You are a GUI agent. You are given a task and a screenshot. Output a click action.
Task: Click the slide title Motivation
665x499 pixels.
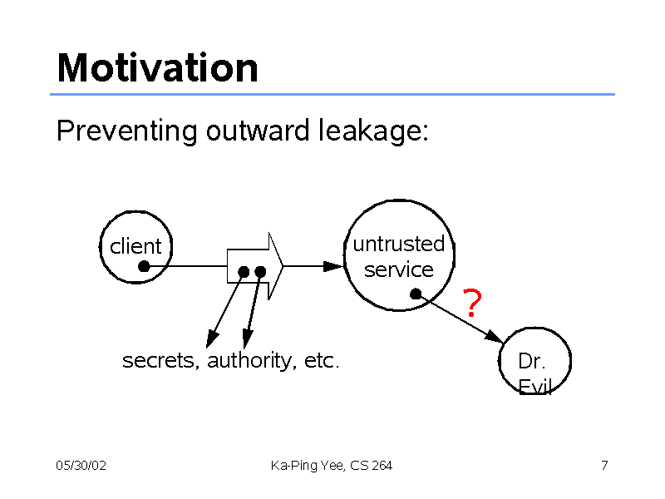[157, 68]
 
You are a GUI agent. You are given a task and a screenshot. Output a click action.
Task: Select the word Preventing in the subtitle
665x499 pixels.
[127, 131]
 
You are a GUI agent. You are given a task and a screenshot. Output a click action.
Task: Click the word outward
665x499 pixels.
[258, 131]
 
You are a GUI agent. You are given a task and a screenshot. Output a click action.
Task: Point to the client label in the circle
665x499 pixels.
[135, 246]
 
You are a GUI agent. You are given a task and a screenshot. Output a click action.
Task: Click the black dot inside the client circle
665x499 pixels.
[144, 266]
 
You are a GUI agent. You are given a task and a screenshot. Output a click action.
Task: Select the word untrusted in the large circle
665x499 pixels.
[399, 244]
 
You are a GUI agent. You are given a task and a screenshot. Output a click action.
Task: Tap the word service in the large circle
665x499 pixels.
[399, 269]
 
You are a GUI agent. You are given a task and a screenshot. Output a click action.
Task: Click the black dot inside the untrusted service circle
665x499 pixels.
[416, 294]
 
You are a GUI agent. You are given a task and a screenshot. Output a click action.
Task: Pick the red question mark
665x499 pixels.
[472, 303]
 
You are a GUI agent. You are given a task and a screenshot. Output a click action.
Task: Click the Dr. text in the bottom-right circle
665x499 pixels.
[531, 361]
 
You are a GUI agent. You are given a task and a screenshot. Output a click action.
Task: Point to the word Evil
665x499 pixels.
[534, 386]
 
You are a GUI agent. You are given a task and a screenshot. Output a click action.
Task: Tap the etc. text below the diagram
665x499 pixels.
[322, 361]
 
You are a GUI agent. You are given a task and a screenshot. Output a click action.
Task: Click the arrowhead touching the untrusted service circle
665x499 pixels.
[333, 266]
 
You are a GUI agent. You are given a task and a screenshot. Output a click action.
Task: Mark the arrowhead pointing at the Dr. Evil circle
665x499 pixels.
[495, 337]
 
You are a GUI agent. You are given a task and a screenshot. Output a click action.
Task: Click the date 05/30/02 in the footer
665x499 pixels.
[81, 466]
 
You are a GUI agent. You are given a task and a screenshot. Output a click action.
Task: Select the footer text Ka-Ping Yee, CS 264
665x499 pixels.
[331, 466]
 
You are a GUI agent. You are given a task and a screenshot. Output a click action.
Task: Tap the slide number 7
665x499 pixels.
[604, 466]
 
